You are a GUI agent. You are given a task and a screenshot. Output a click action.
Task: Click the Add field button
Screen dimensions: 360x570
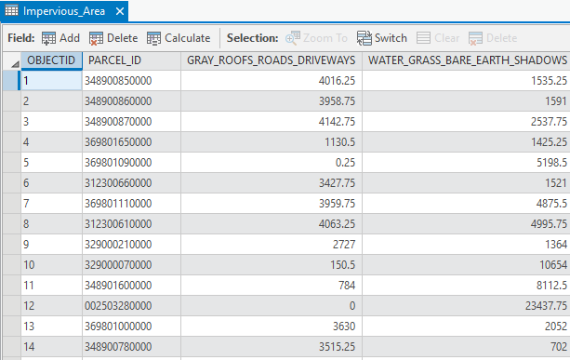click(x=60, y=38)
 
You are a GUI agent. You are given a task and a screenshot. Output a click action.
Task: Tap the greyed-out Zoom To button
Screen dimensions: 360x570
click(x=316, y=38)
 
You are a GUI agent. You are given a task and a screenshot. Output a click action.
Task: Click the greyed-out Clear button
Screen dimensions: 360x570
click(x=437, y=38)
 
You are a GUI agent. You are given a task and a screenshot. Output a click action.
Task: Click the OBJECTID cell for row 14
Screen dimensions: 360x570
click(x=50, y=346)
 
